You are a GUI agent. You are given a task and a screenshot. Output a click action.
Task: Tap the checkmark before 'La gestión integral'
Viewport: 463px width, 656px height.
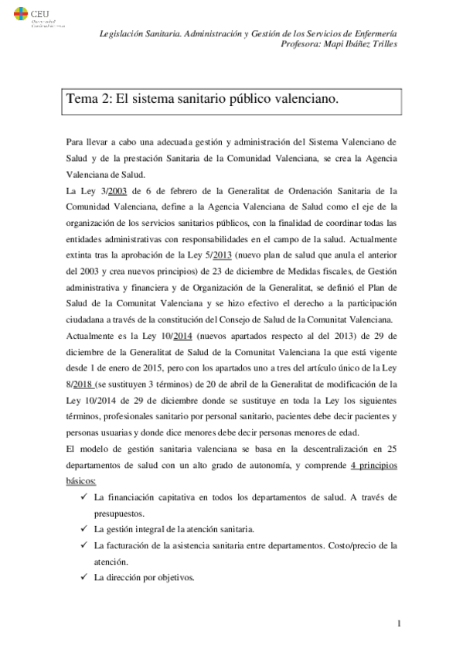pyautogui.click(x=83, y=528)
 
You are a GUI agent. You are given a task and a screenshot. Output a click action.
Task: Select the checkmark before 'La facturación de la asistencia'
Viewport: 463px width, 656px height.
pyautogui.click(x=83, y=545)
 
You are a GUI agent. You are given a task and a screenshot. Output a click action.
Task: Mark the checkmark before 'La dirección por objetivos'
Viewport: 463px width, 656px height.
pyautogui.click(x=83, y=577)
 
